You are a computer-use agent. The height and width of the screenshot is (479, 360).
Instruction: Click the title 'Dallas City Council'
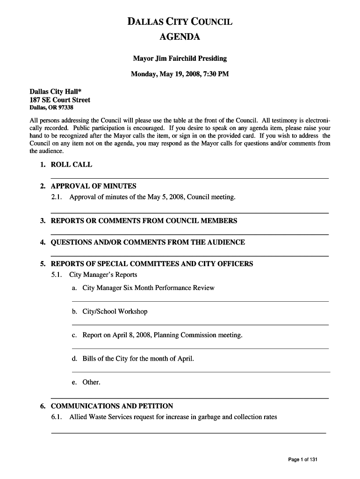[x=180, y=22]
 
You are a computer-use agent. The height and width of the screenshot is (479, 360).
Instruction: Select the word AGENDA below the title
[x=180, y=37]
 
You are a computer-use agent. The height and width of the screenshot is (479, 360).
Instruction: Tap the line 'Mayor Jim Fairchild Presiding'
[x=180, y=58]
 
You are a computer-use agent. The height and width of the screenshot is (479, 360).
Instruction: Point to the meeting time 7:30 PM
[x=218, y=74]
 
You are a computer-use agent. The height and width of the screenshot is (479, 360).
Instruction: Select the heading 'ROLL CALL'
[x=71, y=165]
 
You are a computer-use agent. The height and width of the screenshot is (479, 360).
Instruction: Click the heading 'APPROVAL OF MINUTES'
[x=93, y=186]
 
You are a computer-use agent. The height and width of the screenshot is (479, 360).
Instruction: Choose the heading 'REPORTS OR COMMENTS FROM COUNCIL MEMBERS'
[x=144, y=221]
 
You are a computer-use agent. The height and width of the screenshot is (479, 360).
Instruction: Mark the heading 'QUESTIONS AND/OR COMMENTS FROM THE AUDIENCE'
[x=147, y=242]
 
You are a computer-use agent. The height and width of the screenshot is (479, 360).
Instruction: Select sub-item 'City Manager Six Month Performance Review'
[x=148, y=288]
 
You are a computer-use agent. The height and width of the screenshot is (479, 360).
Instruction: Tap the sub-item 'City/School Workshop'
[x=115, y=312]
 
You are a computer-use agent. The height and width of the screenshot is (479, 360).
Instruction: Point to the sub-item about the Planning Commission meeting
[x=162, y=335]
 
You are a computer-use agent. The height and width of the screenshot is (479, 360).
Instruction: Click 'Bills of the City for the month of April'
[x=138, y=359]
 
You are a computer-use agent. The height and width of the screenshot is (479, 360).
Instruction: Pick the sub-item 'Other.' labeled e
[x=91, y=382]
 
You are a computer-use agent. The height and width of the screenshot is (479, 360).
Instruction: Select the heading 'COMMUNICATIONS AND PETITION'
[x=112, y=406]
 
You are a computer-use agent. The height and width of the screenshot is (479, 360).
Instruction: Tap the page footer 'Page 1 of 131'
[x=302, y=460]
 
